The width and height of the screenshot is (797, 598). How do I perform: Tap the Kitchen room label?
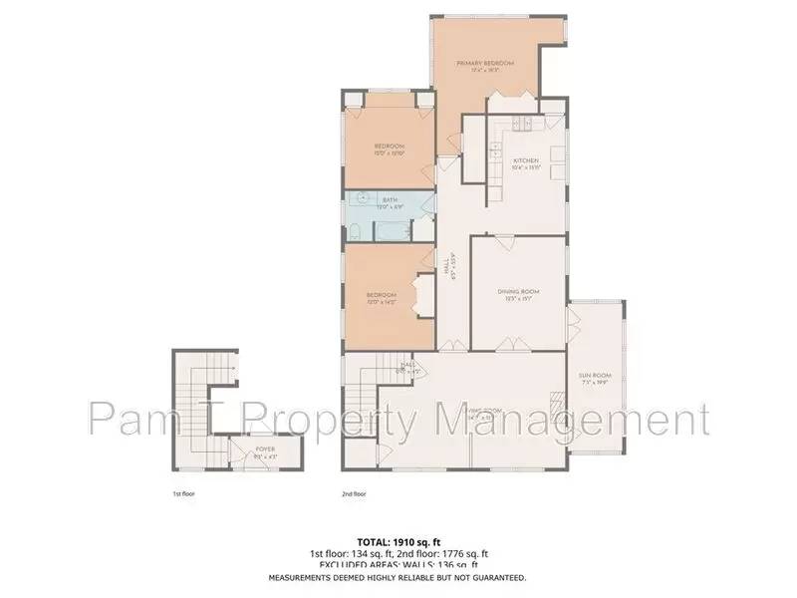(525, 162)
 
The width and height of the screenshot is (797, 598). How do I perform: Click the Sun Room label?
(595, 378)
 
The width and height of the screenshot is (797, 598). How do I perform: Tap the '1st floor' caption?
(182, 493)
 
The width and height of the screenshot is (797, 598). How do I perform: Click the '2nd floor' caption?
(354, 493)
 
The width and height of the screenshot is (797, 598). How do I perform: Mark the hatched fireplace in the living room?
(556, 404)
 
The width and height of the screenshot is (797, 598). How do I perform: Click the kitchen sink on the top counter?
(521, 123)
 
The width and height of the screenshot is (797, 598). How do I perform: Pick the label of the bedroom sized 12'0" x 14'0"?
(382, 297)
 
